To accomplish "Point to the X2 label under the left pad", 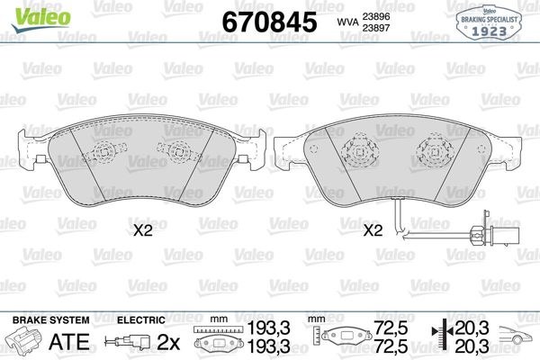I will pos(143,230).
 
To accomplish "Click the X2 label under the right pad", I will pos(373,230).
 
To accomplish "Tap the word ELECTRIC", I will pos(140,320).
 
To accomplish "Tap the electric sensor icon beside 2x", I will pos(128,342).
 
